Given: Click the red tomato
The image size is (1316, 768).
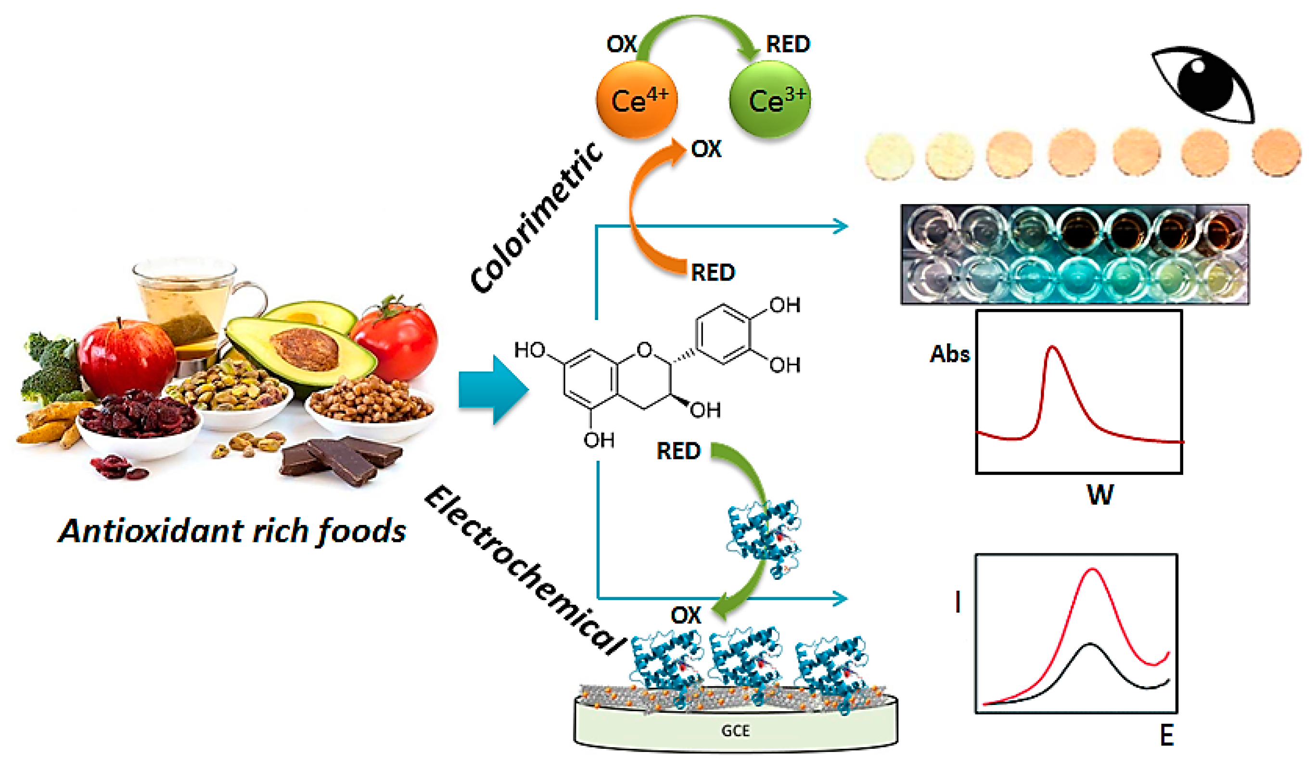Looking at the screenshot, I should tap(397, 339).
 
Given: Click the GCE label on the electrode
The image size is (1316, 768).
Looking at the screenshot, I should tap(735, 730).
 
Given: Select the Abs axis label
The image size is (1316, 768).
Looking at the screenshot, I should tap(949, 355).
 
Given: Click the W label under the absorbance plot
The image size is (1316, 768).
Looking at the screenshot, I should tap(1100, 494).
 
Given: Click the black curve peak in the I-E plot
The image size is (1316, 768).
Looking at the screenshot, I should tap(1089, 645).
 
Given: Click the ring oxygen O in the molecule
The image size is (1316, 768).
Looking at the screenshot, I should tap(645, 349).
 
